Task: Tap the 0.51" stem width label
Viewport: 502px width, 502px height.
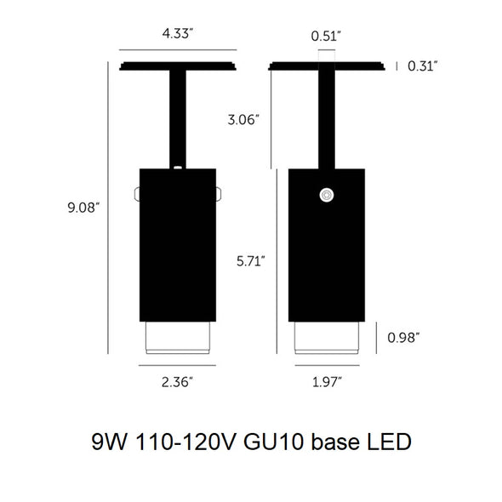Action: coord(327,36)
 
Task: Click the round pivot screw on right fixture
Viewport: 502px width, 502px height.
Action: coord(325,197)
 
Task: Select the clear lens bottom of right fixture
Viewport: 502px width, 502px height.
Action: coord(327,338)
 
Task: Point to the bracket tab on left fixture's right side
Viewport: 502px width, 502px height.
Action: coord(220,195)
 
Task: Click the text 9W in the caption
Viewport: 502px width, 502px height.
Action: coord(109,442)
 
